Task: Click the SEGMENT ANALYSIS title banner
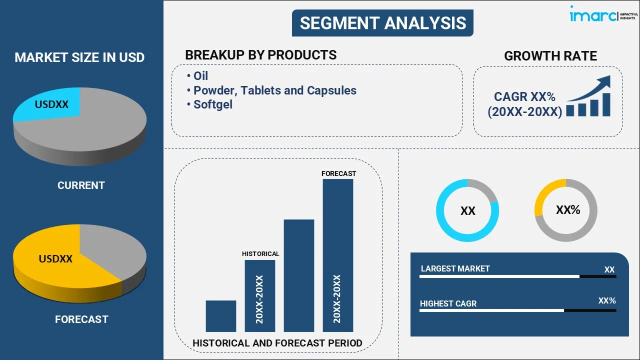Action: pos(382,23)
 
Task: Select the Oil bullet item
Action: pos(200,76)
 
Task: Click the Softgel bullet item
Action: pos(212,104)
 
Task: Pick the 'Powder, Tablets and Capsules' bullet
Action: pos(274,90)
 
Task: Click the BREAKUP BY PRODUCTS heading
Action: pos(260,55)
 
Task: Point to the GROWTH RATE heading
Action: pos(550,56)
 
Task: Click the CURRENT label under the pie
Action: pos(81,185)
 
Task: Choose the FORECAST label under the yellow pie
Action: pos(81,319)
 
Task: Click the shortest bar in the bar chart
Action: pos(220,316)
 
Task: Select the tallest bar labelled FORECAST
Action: pos(337,255)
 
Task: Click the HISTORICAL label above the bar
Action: pos(260,254)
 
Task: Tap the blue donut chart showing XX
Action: pos(467,210)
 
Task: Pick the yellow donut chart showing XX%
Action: pos(565,210)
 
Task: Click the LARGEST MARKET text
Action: pos(455,269)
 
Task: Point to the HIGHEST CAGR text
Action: pos(448,303)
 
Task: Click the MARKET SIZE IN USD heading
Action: pos(79,57)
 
